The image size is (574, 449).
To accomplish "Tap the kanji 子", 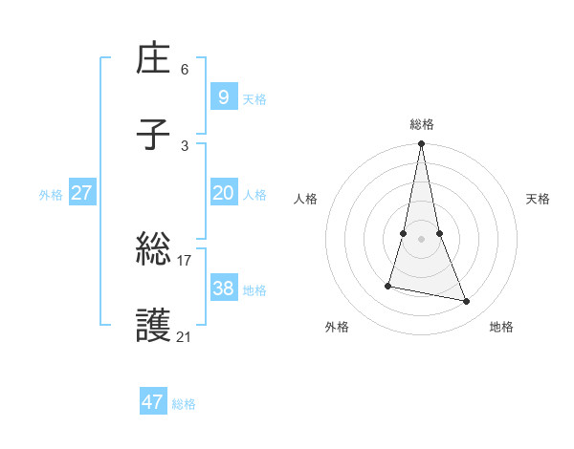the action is (154, 135).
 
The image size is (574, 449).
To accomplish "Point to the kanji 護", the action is (154, 327).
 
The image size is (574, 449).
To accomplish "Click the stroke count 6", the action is (185, 69).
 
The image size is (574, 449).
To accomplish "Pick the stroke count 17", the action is (185, 260).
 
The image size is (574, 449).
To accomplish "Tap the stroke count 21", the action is (185, 336).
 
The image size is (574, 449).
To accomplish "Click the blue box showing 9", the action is (223, 96).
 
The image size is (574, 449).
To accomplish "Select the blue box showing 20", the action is (223, 192).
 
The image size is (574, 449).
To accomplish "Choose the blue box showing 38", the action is (223, 288).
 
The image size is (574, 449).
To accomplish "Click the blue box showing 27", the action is (81, 192).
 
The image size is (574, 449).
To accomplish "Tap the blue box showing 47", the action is (152, 402).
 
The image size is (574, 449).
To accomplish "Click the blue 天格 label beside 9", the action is (254, 99).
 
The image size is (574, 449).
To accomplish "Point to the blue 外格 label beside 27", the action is (51, 195).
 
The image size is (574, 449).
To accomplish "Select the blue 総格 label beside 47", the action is (184, 405).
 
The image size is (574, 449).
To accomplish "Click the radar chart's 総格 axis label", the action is (421, 124).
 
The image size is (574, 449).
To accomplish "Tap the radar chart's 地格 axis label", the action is (501, 328).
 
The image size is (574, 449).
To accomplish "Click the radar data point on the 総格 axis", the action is (421, 145).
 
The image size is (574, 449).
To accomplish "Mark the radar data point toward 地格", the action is (467, 302).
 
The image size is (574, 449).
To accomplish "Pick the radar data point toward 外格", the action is (388, 285).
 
